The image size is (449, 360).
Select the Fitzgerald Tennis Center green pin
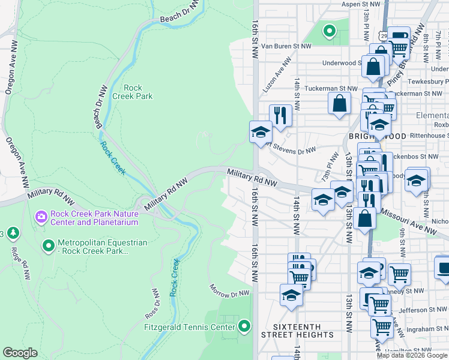click(x=244, y=327)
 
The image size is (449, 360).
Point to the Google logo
click(x=20, y=353)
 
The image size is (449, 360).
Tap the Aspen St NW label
click(x=361, y=4)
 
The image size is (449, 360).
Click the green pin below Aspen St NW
click(x=329, y=31)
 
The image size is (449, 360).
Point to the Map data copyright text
click(x=412, y=355)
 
